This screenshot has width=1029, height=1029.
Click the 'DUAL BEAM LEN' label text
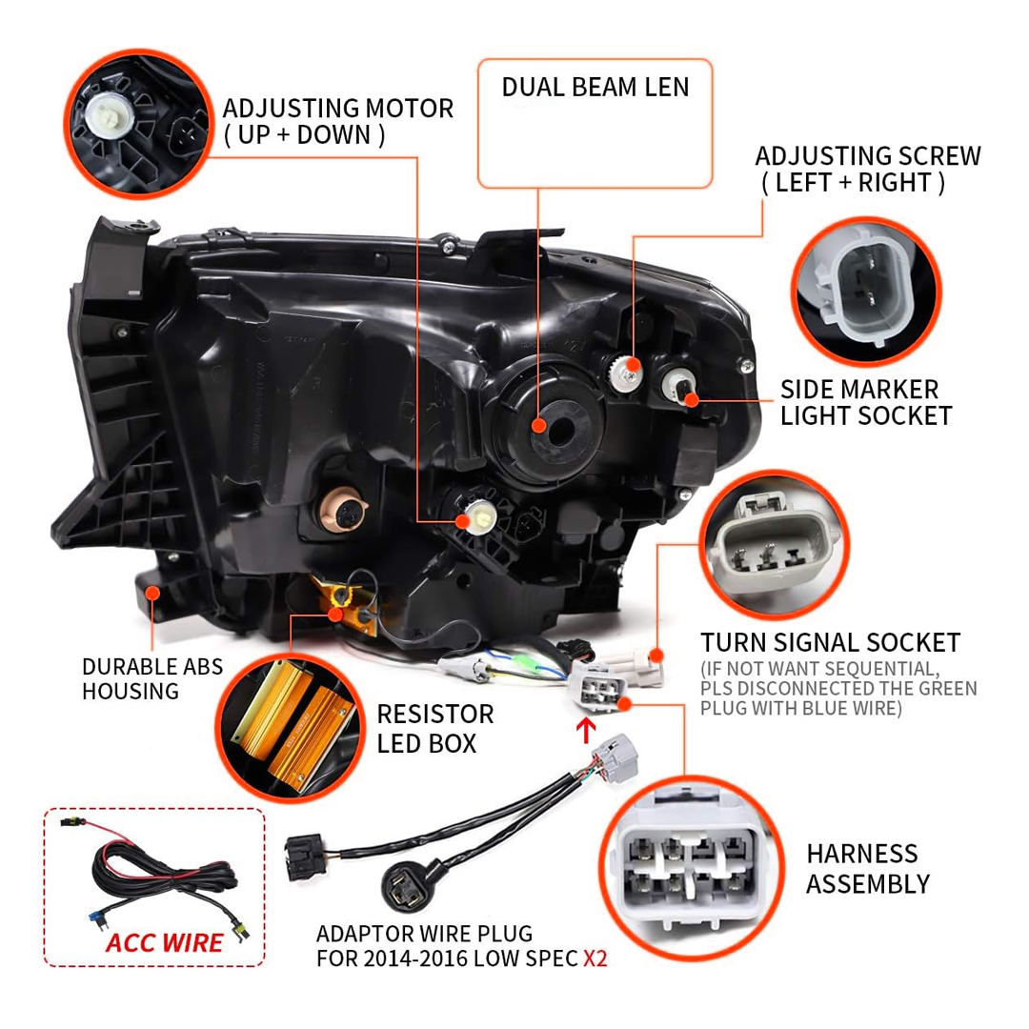point(595,88)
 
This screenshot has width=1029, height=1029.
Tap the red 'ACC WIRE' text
point(164,943)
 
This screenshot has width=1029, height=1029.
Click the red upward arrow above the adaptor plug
point(586,731)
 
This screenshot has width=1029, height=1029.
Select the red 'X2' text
point(595,958)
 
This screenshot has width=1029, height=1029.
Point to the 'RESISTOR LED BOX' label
point(435,729)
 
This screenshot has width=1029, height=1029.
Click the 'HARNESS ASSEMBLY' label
point(868,869)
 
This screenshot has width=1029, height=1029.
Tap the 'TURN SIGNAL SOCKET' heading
point(830,642)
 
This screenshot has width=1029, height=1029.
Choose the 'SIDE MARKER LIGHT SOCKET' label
point(865,402)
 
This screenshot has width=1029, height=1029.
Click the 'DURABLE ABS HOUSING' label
point(152,678)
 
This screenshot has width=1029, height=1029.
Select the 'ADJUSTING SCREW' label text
point(868,156)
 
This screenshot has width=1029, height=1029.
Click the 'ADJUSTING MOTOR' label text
point(338,109)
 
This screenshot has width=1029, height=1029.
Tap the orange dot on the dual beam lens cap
point(538,426)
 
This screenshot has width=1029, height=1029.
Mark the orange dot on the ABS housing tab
point(152,594)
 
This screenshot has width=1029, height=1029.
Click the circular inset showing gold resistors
point(291,728)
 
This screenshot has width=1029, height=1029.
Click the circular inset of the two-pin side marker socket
point(866,292)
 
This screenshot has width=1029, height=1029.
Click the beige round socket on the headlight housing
point(343,510)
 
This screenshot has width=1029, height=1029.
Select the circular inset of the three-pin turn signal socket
point(775,545)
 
